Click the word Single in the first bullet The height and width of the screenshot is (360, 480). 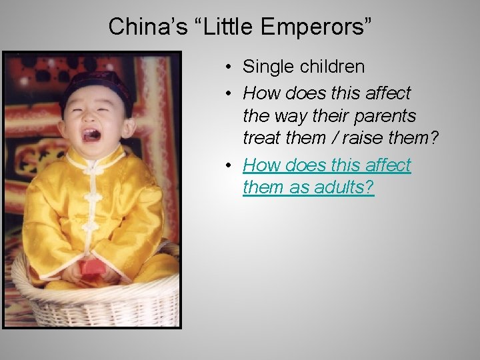tap(266, 67)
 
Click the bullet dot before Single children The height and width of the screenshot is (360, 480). tap(228, 67)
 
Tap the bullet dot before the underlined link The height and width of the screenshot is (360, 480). tap(228, 165)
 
